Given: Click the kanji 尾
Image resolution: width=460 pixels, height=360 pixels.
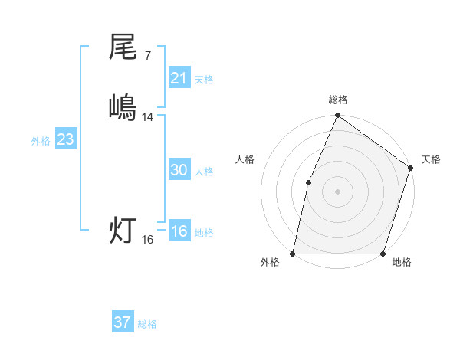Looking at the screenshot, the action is pyautogui.click(x=123, y=47).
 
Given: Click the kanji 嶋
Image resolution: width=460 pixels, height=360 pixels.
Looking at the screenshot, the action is pyautogui.click(x=123, y=106).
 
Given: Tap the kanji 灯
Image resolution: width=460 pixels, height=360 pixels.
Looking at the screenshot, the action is pyautogui.click(x=123, y=230).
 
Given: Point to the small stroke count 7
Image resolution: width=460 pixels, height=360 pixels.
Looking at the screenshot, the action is pyautogui.click(x=148, y=56).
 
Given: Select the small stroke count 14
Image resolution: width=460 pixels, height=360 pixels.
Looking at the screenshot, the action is pyautogui.click(x=148, y=116).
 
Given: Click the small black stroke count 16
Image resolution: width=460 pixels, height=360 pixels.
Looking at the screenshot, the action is pyautogui.click(x=148, y=240).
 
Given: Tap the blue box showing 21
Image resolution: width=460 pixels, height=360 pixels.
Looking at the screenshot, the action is pyautogui.click(x=179, y=77).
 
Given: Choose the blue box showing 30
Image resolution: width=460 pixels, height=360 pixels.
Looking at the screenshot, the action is pyautogui.click(x=179, y=171).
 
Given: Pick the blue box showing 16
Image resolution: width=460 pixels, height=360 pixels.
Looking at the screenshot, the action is pyautogui.click(x=179, y=232).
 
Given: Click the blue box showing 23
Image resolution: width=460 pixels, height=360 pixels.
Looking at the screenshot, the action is pyautogui.click(x=65, y=140).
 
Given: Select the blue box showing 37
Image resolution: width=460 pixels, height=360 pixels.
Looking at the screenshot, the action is pyautogui.click(x=122, y=322).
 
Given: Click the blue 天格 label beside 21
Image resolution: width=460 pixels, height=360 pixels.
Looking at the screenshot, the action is pyautogui.click(x=204, y=79).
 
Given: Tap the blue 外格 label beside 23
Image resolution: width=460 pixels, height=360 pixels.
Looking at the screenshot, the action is pyautogui.click(x=41, y=141).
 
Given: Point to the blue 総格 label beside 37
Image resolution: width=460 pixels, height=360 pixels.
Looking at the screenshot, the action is pyautogui.click(x=147, y=324).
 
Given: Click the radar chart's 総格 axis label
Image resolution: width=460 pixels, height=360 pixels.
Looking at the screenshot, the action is pyautogui.click(x=337, y=100).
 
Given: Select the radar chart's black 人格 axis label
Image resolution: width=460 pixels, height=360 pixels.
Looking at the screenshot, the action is pyautogui.click(x=245, y=159).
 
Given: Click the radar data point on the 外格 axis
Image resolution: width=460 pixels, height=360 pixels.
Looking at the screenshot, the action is pyautogui.click(x=293, y=254).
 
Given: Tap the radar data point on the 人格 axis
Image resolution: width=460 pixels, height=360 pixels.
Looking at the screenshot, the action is pyautogui.click(x=308, y=182).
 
